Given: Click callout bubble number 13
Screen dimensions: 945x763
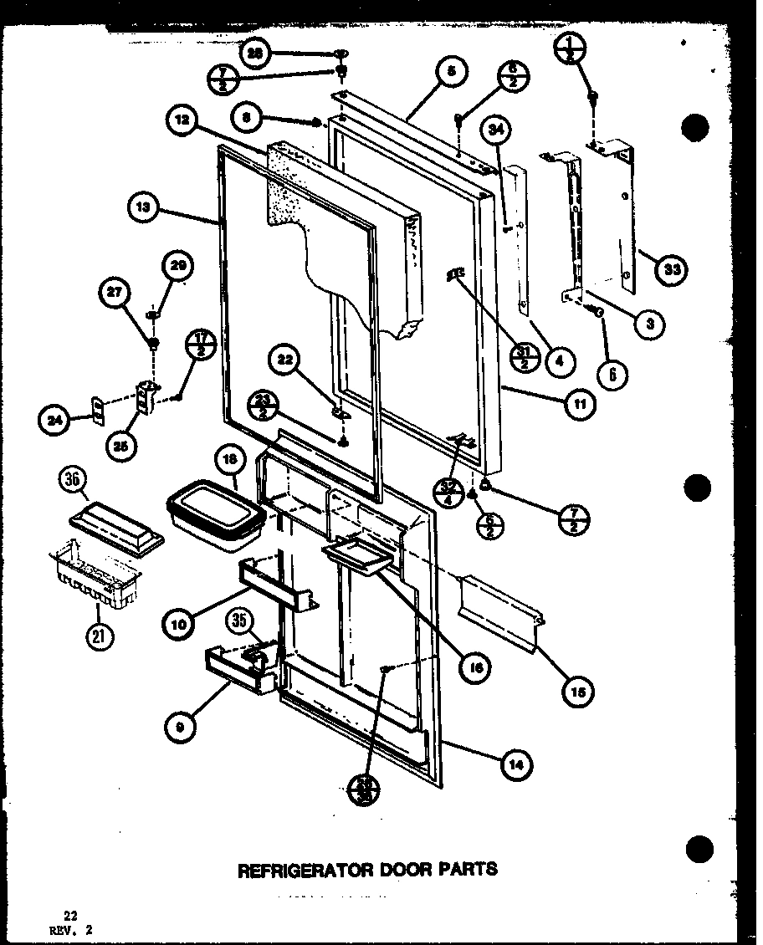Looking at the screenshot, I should pyautogui.click(x=146, y=210).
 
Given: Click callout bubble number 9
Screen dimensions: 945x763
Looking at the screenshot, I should pyautogui.click(x=182, y=728).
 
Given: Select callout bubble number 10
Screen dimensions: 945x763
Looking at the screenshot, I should pyautogui.click(x=180, y=623).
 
